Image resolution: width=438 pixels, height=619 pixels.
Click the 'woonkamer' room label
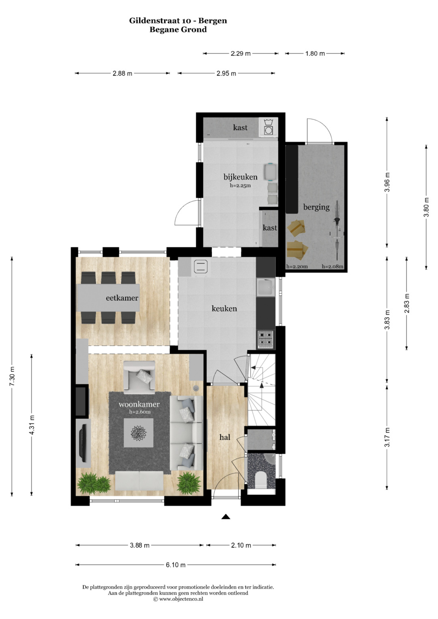point(139,404)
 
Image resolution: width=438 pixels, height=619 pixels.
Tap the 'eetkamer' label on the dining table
point(122,298)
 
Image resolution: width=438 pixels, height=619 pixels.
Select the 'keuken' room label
point(224,308)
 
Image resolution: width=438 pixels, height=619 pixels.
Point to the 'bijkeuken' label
point(240,177)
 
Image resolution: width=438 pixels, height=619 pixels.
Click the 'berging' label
point(316,207)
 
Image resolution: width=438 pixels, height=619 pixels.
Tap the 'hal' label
point(225,437)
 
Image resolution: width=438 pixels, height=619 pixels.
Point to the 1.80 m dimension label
point(315,54)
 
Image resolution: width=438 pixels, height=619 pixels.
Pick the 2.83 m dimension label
point(407,303)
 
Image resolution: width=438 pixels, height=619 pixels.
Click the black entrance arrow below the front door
point(226,517)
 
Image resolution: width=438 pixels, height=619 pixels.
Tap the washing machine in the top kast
point(268,127)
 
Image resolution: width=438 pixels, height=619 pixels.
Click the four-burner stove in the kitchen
point(266,339)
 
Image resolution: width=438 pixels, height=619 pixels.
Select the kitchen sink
point(266,288)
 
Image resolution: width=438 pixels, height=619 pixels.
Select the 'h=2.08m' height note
point(333,267)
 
